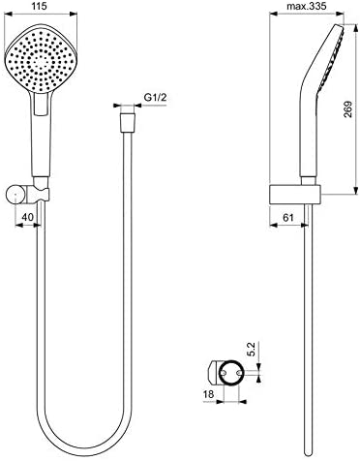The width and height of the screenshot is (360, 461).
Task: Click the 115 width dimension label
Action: point(40,6)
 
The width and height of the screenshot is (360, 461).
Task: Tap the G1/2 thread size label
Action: point(155,98)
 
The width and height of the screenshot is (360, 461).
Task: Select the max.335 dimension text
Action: point(307,6)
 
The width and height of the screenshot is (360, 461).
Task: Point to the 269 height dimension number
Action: point(347,109)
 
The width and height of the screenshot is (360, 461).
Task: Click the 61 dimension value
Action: point(287,218)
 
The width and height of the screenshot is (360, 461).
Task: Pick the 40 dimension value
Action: point(27,217)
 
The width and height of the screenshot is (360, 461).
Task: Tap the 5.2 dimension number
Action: point(252,349)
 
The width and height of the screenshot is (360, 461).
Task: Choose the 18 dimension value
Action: point(209,394)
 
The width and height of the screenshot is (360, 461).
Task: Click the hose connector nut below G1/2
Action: point(128,122)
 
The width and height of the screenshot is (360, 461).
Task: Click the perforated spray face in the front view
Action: point(41,60)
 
